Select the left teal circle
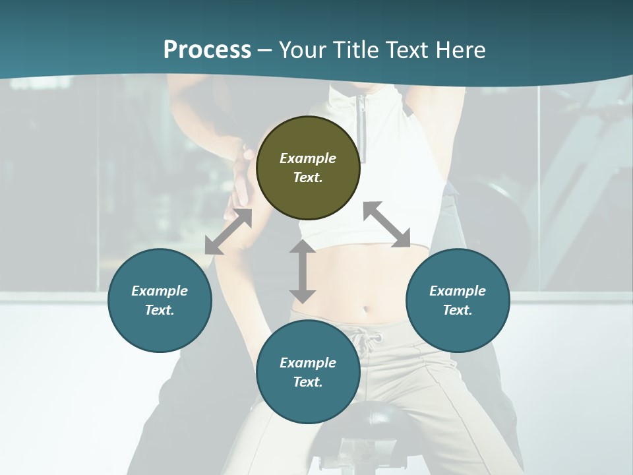click(x=160, y=300)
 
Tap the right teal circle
click(x=458, y=300)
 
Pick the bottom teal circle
click(x=308, y=372)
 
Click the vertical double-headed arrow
click(x=303, y=271)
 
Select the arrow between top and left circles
click(x=228, y=232)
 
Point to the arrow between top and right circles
click(x=387, y=224)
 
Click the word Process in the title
click(x=207, y=49)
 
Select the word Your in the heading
click(x=303, y=49)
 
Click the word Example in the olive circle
click(x=308, y=158)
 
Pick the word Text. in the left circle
click(x=160, y=310)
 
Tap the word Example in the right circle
click(x=458, y=291)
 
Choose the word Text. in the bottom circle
click(x=308, y=382)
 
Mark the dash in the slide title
click(x=265, y=50)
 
